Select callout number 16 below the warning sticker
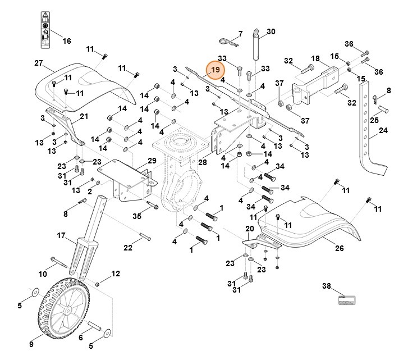click(x=66, y=41)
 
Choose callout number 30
click(x=271, y=31)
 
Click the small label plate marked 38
click(x=346, y=300)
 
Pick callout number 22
click(x=128, y=248)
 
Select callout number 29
click(x=152, y=161)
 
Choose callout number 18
click(x=315, y=58)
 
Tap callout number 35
click(x=137, y=216)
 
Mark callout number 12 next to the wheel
click(x=116, y=274)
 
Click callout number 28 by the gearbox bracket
click(x=203, y=162)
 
